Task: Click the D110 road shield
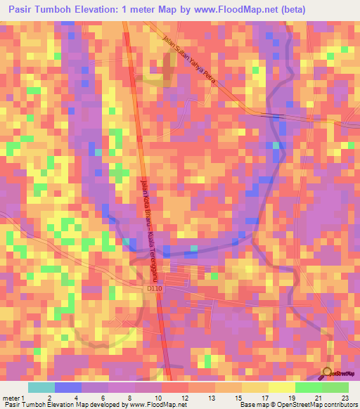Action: coord(155,287)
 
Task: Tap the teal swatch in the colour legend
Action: coord(41,387)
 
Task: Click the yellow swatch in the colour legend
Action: coord(281,387)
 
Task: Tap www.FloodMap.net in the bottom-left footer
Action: coord(156,405)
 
